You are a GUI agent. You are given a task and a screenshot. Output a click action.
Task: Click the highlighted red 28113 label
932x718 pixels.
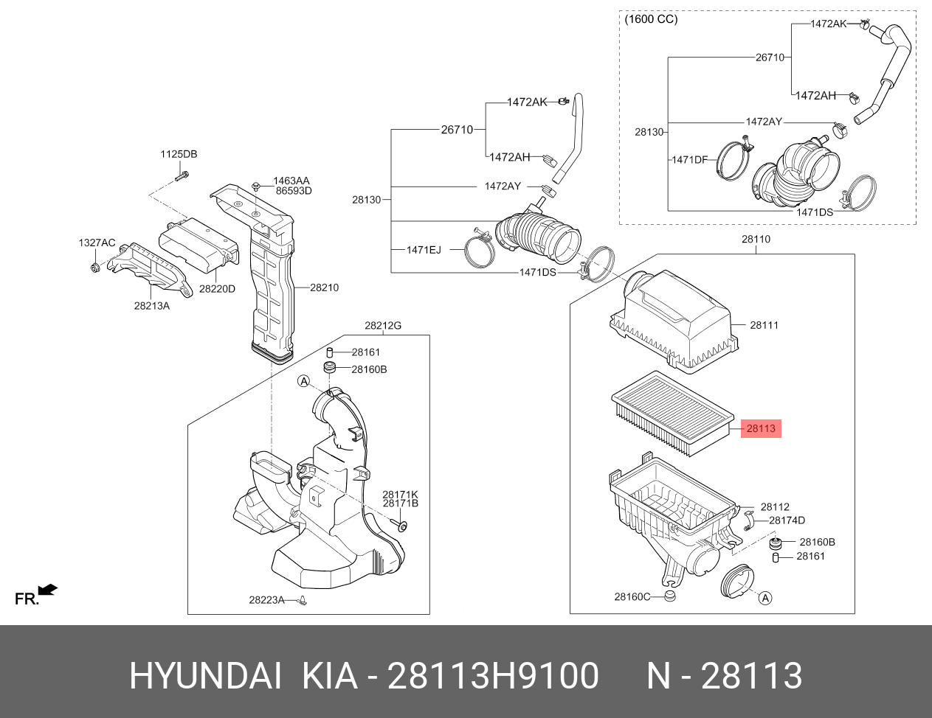[x=760, y=428]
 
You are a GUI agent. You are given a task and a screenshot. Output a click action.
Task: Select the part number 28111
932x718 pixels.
[x=764, y=325]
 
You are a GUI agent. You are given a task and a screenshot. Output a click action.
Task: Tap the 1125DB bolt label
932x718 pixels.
[x=179, y=154]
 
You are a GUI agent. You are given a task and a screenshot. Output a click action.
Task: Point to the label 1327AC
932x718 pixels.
[x=97, y=243]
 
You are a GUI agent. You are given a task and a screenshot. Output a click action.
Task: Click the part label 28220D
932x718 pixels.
[x=217, y=289]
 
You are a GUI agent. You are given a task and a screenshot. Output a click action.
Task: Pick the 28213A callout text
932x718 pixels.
[x=151, y=306]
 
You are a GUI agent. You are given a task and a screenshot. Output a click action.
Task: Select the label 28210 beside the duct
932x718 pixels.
[x=324, y=287]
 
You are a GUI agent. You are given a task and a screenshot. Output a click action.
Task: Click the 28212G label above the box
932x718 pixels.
[x=382, y=326]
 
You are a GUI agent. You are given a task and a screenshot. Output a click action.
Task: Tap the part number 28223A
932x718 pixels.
[x=266, y=600]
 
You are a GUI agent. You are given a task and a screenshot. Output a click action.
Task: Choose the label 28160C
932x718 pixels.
[x=632, y=596]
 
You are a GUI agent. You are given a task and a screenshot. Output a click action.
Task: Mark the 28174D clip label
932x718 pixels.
[x=787, y=520]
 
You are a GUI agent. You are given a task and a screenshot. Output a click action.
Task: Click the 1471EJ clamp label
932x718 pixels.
[x=424, y=250]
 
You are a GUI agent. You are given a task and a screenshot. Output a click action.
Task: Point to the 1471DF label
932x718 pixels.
[x=689, y=159]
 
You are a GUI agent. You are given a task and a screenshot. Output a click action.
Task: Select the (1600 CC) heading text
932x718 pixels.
[x=650, y=19]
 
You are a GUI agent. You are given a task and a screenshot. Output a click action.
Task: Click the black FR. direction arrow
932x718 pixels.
[x=48, y=589]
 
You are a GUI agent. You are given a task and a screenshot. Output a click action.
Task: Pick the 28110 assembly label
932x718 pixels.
[x=756, y=240]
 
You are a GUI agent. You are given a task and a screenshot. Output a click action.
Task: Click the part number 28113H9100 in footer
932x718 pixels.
[x=493, y=676]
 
